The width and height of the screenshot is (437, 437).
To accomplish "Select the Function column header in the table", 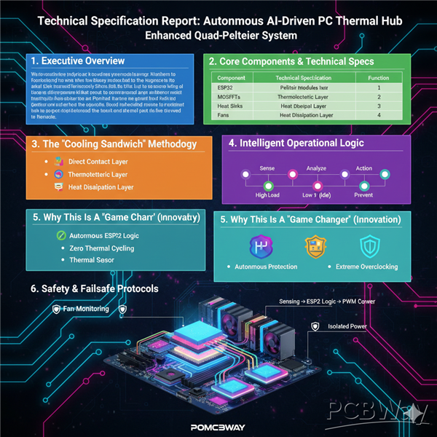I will click(x=379, y=77).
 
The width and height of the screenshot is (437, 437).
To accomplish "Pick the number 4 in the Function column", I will click(x=379, y=114).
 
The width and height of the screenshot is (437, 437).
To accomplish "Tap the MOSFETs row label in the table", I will click(x=229, y=96).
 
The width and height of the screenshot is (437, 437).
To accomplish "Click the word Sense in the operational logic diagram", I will click(x=267, y=168).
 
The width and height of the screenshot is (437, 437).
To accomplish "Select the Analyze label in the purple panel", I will click(x=316, y=168).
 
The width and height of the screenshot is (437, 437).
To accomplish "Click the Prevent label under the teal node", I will click(x=363, y=195).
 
